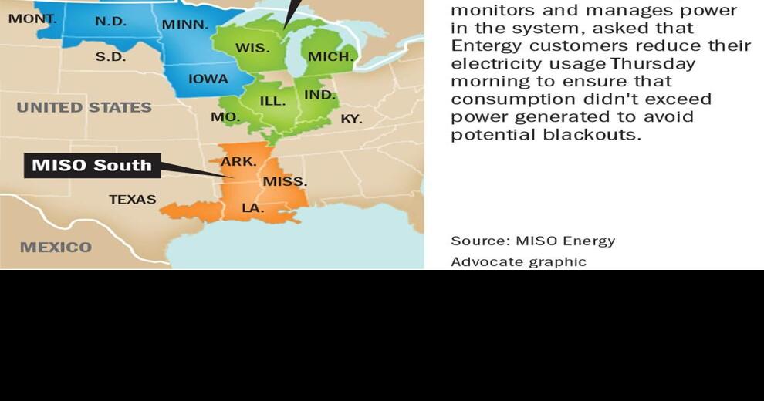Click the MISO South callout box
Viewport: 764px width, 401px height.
92,165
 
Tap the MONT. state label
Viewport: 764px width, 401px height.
32,18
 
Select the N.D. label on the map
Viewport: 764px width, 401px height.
110,22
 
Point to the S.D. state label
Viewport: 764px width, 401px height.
110,56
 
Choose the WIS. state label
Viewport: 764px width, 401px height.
252,48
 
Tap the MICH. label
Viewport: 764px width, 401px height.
330,56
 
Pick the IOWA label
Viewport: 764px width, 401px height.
208,79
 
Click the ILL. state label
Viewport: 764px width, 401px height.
272,101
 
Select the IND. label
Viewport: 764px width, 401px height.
319,95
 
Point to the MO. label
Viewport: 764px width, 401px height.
225,117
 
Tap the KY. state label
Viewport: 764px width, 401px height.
351,119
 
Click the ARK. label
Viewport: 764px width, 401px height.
238,162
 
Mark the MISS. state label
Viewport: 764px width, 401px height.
285,182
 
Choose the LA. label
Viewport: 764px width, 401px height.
252,208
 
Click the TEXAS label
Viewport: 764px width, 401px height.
132,199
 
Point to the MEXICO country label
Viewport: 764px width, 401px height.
56,248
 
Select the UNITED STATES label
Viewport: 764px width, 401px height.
84,107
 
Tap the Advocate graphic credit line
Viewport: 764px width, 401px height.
519,261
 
